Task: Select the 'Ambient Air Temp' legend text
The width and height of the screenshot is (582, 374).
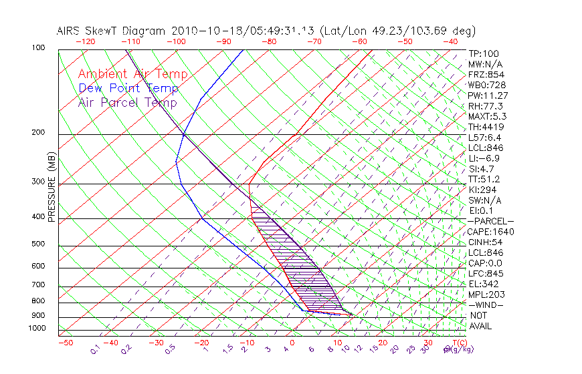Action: (132, 74)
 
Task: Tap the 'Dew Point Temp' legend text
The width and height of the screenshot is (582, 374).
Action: (128, 88)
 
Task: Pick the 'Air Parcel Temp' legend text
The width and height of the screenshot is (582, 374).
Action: (127, 102)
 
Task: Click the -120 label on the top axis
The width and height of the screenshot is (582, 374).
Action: (85, 41)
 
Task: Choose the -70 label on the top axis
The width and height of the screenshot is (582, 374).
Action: (313, 41)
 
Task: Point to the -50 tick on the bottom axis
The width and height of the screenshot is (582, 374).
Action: (65, 343)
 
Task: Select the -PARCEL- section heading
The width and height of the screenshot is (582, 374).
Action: (491, 221)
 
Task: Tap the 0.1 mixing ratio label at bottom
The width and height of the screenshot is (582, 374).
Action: (96, 349)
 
